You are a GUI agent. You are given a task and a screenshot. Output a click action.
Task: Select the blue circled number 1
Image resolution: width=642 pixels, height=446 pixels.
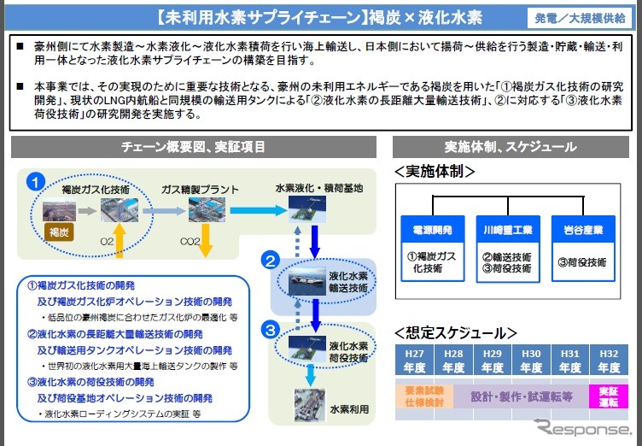pyautogui.click(x=35, y=181)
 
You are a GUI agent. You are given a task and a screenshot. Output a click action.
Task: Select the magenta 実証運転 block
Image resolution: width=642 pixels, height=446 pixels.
pyautogui.click(x=608, y=396)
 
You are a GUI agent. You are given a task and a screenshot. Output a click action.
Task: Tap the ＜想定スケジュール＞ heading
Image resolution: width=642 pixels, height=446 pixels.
pyautogui.click(x=457, y=332)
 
